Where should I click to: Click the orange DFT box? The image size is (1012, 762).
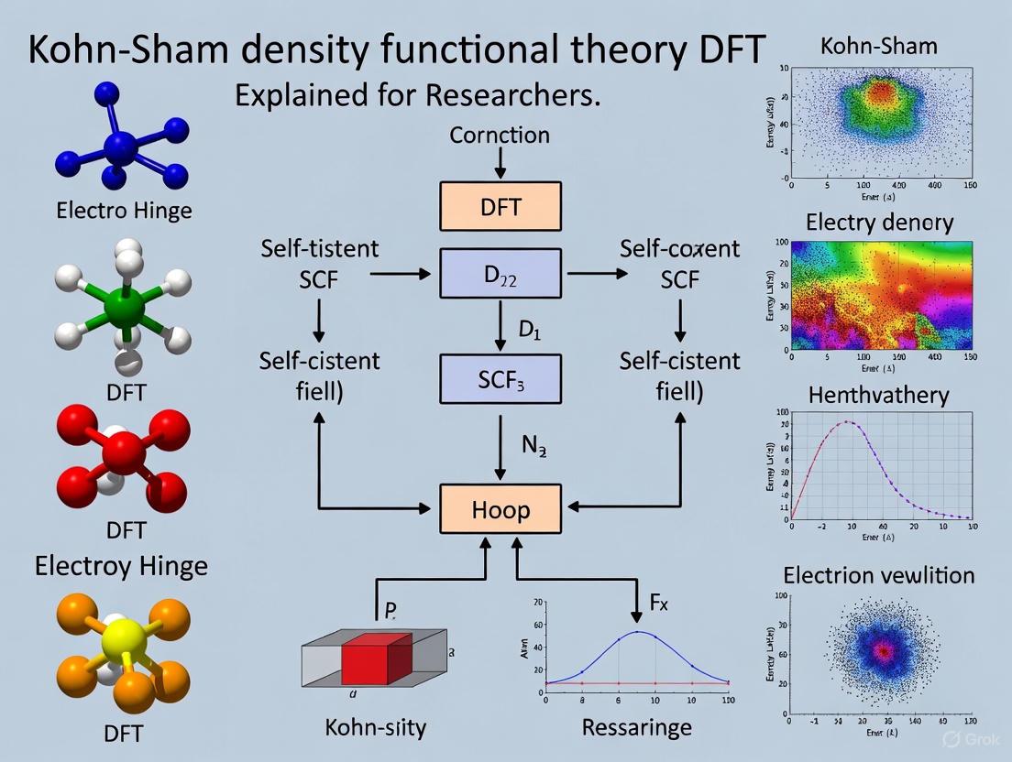click(500, 206)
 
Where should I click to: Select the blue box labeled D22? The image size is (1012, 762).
click(500, 273)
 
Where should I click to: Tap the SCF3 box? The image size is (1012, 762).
click(500, 379)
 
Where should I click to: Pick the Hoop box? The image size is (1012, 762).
click(500, 509)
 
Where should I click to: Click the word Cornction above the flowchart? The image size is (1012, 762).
click(500, 136)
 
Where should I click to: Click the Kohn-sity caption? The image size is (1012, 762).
click(376, 728)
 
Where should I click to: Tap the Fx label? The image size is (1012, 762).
click(659, 603)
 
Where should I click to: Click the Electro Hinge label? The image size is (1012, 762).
click(125, 211)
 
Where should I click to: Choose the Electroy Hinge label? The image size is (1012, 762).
click(121, 566)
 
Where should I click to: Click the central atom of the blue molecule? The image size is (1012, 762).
click(120, 147)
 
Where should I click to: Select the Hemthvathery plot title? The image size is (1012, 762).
click(878, 396)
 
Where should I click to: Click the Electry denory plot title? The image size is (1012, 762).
click(879, 223)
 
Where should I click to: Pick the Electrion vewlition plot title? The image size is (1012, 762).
click(878, 575)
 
